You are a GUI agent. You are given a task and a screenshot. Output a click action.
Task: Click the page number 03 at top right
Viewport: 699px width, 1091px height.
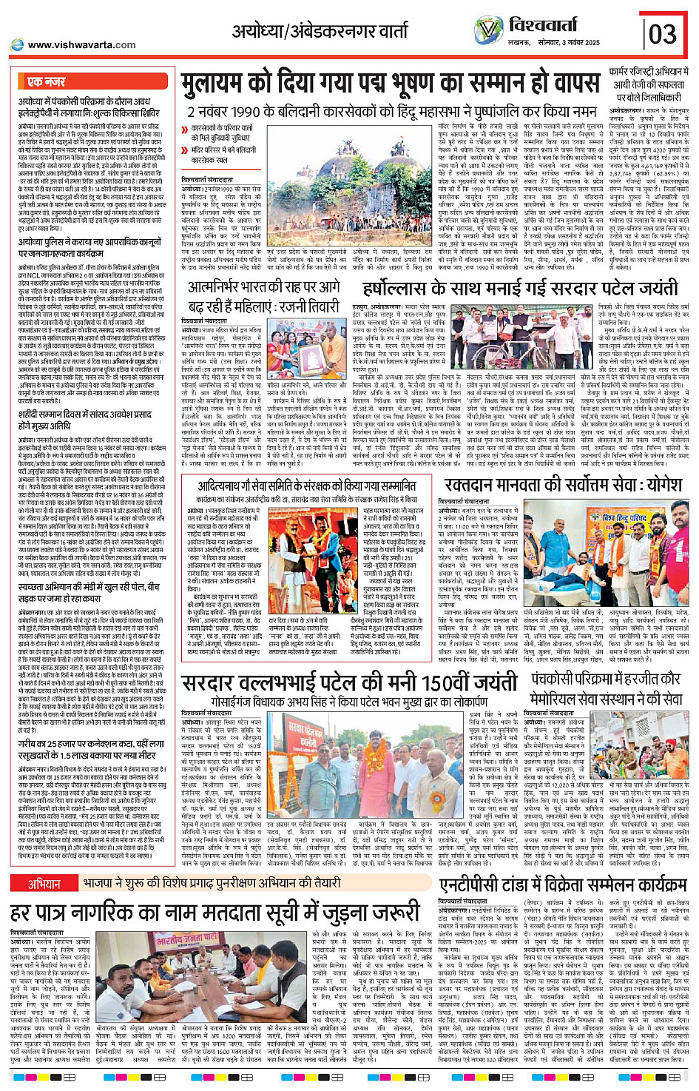point(663,33)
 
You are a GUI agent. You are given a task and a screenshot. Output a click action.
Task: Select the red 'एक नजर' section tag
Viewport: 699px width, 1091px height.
point(46,82)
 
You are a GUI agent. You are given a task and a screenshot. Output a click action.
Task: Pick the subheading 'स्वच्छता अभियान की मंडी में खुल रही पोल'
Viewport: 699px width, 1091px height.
point(90,587)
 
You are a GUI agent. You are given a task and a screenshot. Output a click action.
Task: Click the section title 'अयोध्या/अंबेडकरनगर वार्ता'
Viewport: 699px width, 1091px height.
point(320,31)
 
